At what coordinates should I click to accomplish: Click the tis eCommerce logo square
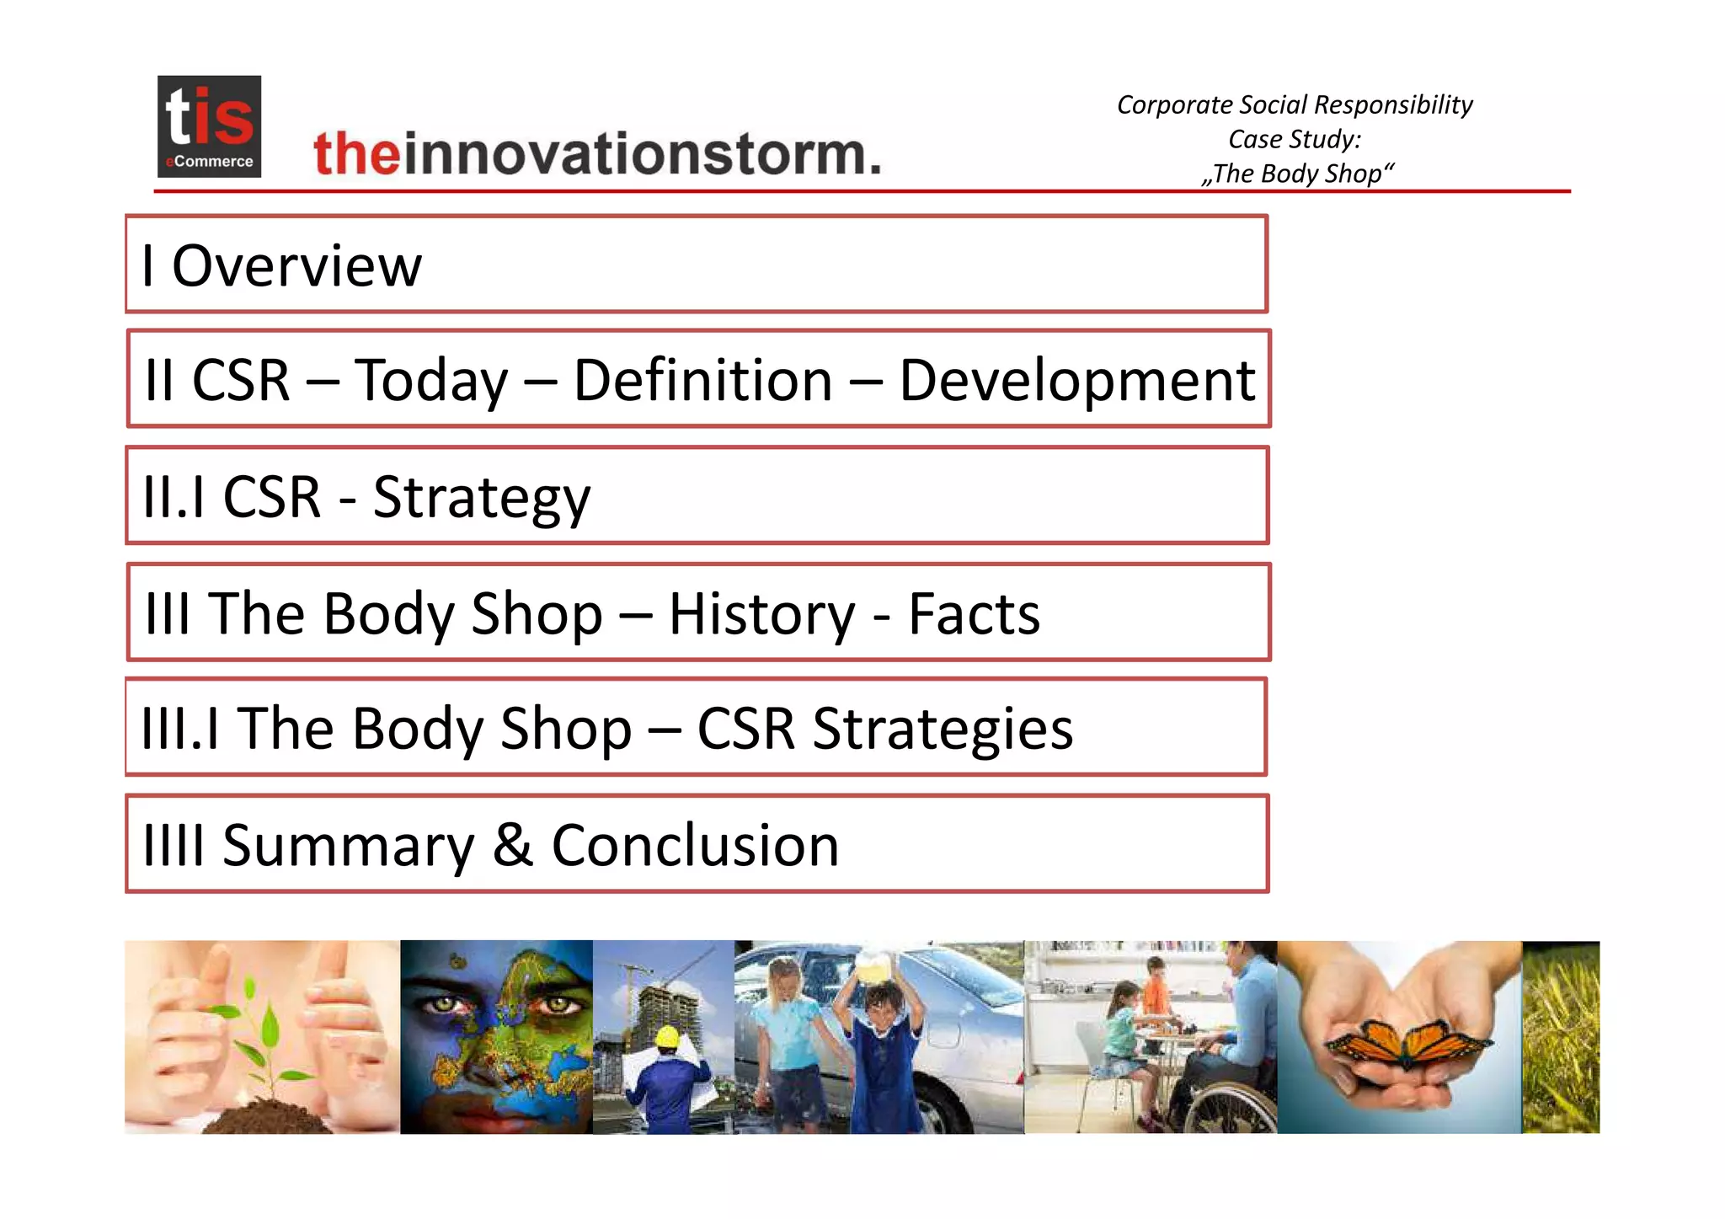(209, 126)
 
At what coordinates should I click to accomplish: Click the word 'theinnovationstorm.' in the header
(597, 154)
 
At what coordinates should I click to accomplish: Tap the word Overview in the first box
(296, 265)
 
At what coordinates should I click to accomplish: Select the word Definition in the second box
(703, 380)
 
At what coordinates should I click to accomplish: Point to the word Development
(1077, 381)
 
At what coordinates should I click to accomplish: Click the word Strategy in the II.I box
(482, 497)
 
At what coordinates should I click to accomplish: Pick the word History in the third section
(761, 613)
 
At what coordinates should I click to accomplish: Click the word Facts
(974, 613)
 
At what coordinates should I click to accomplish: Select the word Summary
(348, 845)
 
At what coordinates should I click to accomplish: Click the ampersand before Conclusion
(513, 845)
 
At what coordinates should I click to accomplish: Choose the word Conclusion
(695, 845)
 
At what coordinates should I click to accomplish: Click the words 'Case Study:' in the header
(1295, 139)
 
